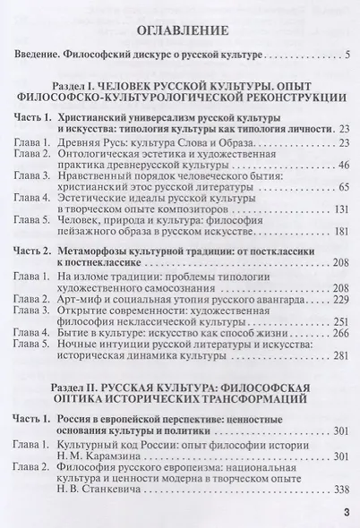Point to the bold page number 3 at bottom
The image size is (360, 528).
coord(345,511)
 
